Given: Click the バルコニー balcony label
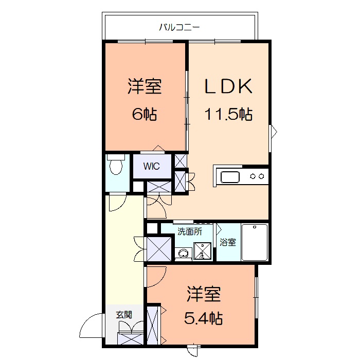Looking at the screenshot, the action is [x=179, y=28].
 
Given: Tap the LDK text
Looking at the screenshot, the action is [x=228, y=86].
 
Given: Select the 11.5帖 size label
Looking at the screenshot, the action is [x=228, y=114].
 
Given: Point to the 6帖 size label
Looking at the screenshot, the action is [x=145, y=114].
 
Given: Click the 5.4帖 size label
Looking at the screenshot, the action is [x=204, y=318].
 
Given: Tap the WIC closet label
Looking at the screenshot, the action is [x=151, y=166].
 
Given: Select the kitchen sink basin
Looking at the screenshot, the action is [x=230, y=177].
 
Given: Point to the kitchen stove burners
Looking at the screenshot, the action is [x=257, y=176].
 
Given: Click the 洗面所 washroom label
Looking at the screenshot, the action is [x=190, y=231].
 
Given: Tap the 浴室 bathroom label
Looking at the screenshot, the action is [x=227, y=242].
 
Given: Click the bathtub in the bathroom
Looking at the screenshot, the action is [x=255, y=242].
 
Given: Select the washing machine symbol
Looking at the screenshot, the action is [x=202, y=251].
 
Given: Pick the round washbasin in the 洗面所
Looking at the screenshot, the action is [x=184, y=254].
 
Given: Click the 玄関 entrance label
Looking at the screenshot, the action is [x=124, y=315].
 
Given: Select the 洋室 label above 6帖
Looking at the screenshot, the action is [x=145, y=86].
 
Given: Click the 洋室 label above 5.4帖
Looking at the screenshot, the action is [x=204, y=294].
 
